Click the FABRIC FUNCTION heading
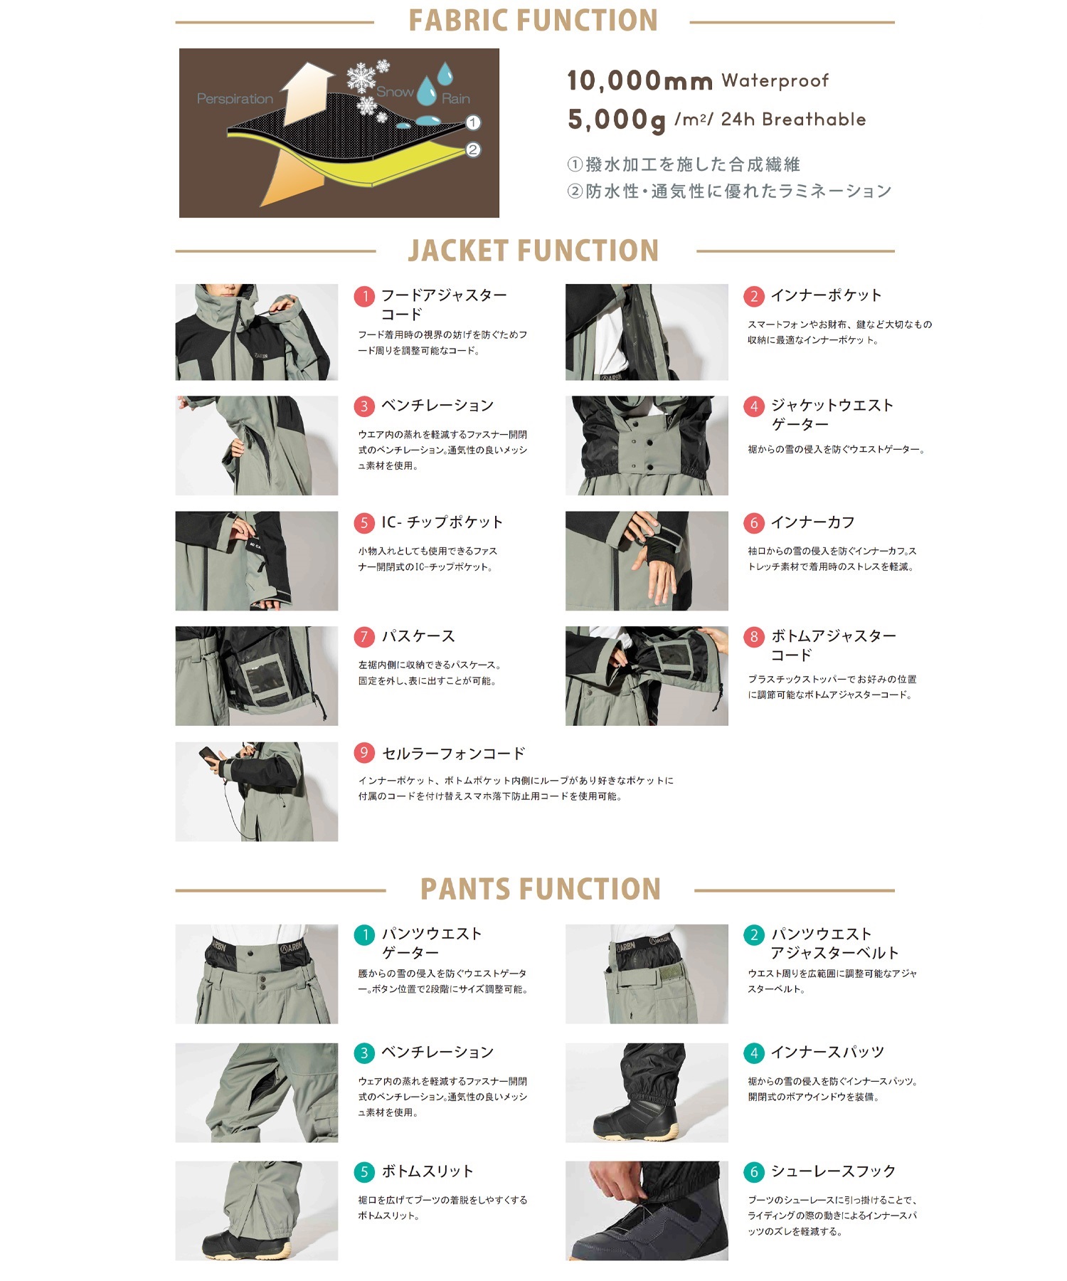point(533,21)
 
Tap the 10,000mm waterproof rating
point(639,81)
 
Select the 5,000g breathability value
point(616,120)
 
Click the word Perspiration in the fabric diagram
point(235,99)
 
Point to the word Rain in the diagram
point(455,99)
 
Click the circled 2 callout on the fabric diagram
point(473,149)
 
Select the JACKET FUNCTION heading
point(533,251)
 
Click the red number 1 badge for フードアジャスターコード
point(364,296)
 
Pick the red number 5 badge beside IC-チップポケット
point(364,523)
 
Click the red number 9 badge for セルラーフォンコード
point(364,753)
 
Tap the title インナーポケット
point(826,295)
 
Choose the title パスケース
point(418,636)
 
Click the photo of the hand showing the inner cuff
point(646,561)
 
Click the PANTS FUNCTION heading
point(541,890)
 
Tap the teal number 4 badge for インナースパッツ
point(754,1053)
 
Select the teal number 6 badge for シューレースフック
point(754,1171)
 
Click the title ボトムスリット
point(428,1171)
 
